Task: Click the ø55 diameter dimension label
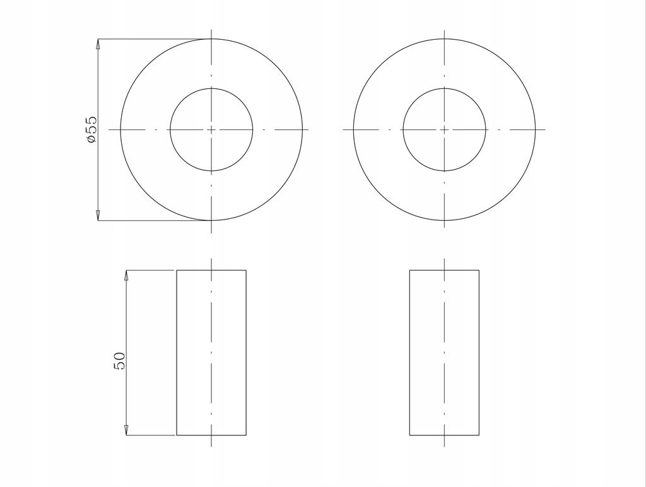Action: tap(91, 129)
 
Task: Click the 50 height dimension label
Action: tap(119, 361)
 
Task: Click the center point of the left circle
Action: tap(211, 129)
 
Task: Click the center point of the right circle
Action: tap(445, 129)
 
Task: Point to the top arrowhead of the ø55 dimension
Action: tap(98, 44)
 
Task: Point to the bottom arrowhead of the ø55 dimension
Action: tap(98, 216)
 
